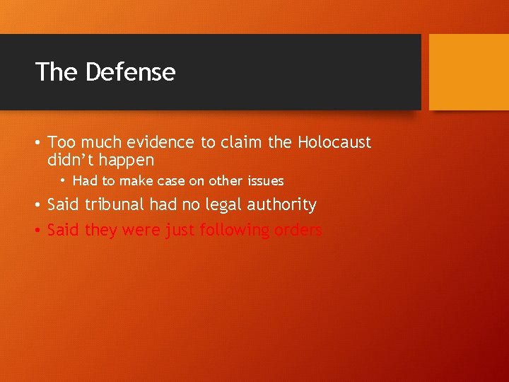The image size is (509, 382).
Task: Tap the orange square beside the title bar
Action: [x=469, y=72]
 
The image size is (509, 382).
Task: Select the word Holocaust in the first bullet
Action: [x=334, y=142]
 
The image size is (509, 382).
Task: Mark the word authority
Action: [x=279, y=205]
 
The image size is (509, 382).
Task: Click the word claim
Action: [x=240, y=142]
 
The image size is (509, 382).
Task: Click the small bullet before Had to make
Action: [x=63, y=181]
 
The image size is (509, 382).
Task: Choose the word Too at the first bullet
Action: [x=60, y=142]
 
